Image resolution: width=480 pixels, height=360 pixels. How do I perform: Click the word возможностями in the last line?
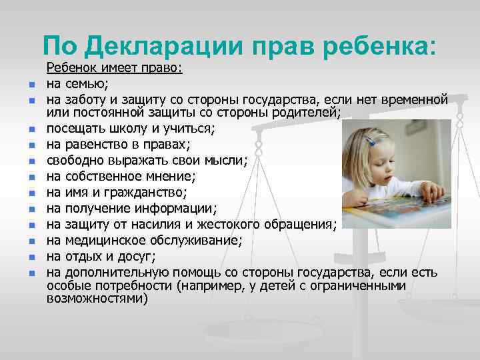(x=97, y=299)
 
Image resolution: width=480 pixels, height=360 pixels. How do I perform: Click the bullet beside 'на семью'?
(x=30, y=85)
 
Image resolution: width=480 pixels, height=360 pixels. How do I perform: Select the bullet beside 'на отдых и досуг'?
(x=30, y=257)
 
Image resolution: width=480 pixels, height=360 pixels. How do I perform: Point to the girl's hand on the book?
(x=433, y=192)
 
